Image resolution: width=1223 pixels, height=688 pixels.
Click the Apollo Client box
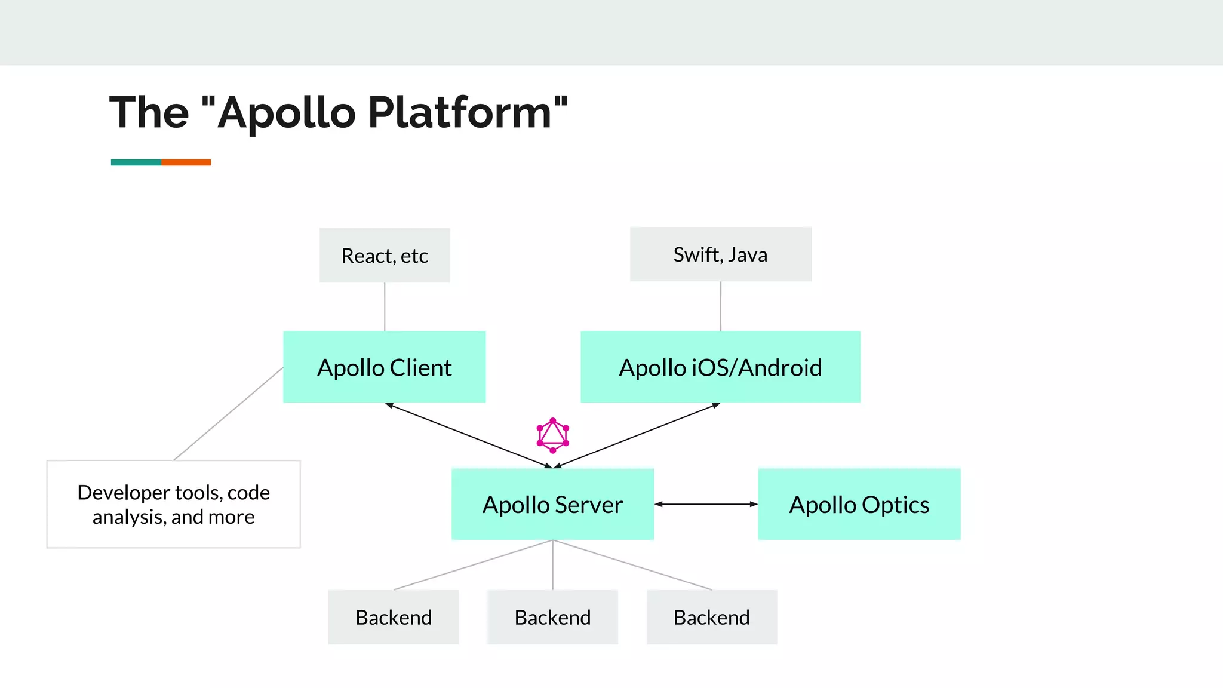(x=384, y=367)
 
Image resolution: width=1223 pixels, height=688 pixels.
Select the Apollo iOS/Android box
(x=720, y=367)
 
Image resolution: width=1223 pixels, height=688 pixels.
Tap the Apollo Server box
(x=552, y=504)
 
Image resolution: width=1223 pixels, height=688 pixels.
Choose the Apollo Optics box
(x=859, y=504)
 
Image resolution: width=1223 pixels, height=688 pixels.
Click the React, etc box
(x=385, y=255)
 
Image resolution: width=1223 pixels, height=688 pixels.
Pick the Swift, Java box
(x=720, y=254)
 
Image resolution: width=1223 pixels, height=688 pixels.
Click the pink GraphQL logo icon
(x=552, y=435)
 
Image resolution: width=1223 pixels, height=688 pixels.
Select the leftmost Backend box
(x=394, y=617)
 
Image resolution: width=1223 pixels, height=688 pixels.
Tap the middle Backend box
(x=552, y=617)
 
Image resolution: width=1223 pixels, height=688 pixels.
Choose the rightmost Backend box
(x=711, y=617)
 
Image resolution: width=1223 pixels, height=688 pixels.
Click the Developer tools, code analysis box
(x=173, y=504)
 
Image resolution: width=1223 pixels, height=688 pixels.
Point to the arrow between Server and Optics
(x=706, y=504)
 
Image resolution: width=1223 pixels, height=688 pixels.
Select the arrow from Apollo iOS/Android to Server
(x=638, y=435)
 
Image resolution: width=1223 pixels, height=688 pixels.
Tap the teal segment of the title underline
(x=136, y=162)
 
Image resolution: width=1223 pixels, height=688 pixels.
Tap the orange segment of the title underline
(x=186, y=162)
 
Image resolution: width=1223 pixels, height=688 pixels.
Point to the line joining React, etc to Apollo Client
(x=385, y=306)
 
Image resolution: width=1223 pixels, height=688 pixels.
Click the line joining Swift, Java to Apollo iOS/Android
(x=720, y=306)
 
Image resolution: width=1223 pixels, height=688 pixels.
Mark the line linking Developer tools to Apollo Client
(x=228, y=413)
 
